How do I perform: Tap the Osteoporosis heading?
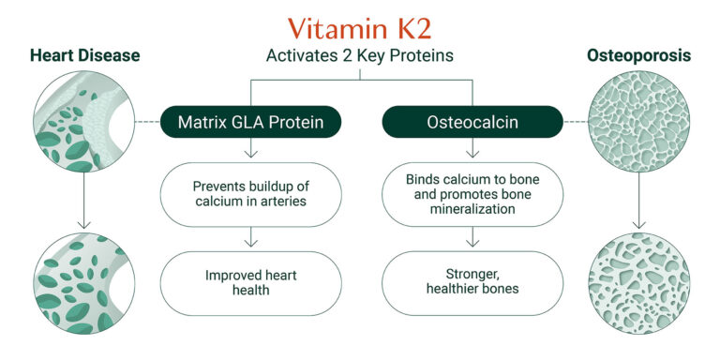(x=638, y=56)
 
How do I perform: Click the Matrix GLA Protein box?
(x=249, y=122)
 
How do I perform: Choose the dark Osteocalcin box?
(x=472, y=122)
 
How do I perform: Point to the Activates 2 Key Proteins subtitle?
(x=361, y=56)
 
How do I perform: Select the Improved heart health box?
(x=249, y=282)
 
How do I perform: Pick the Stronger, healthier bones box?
(x=472, y=282)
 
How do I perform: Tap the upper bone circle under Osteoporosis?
(x=639, y=123)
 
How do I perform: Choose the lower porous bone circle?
(x=639, y=284)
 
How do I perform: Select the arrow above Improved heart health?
(x=249, y=240)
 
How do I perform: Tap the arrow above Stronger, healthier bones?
(x=472, y=240)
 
